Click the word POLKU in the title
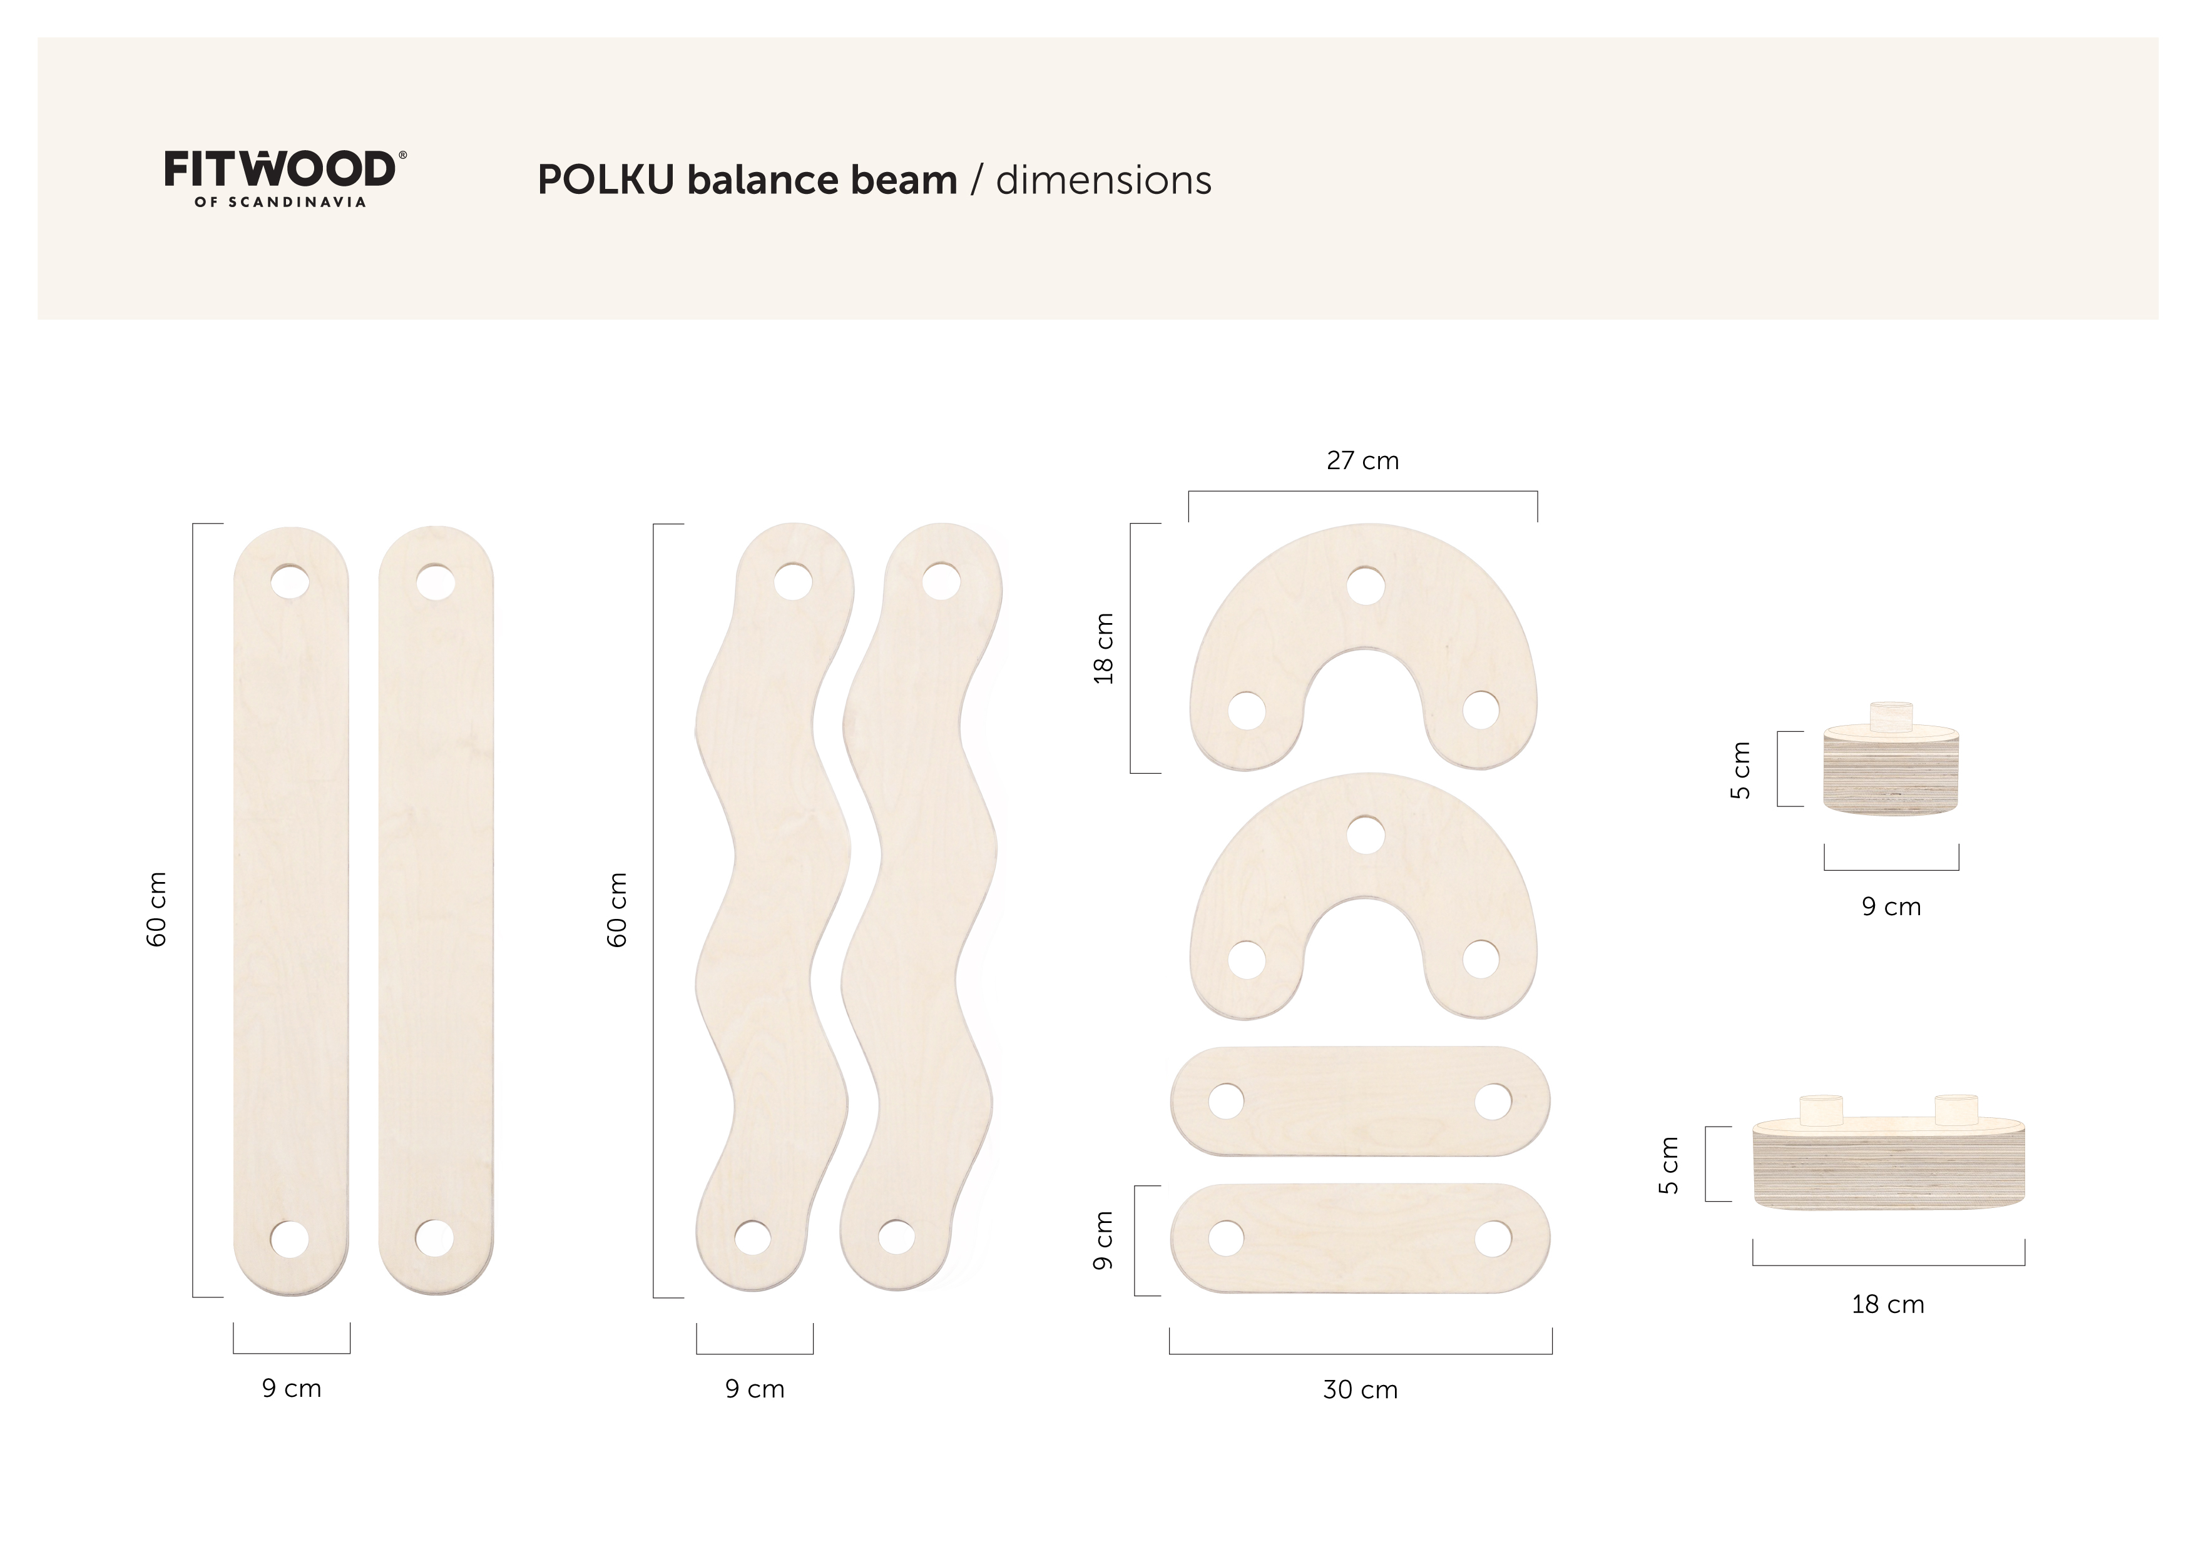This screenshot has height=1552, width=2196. tap(605, 180)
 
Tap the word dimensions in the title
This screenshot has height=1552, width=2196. tap(1103, 180)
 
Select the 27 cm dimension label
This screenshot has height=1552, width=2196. tap(1362, 461)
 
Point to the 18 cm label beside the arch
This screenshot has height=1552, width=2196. tap(1104, 648)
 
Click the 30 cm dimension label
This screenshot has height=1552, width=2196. tap(1360, 1389)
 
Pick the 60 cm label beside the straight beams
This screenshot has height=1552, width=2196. tap(157, 910)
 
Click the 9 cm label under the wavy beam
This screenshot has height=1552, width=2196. tap(755, 1389)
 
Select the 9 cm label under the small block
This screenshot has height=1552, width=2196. tap(1891, 906)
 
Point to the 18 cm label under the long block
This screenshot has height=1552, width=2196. tap(1887, 1304)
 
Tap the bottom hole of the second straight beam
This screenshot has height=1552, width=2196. tap(434, 1239)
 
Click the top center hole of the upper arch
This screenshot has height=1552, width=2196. tap(1365, 586)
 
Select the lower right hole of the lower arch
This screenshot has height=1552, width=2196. tap(1481, 958)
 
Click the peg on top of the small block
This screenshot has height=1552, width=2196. tap(1891, 716)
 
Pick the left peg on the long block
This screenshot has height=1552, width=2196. tap(1821, 1109)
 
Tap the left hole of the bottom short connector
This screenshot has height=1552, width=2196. tap(1226, 1239)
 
